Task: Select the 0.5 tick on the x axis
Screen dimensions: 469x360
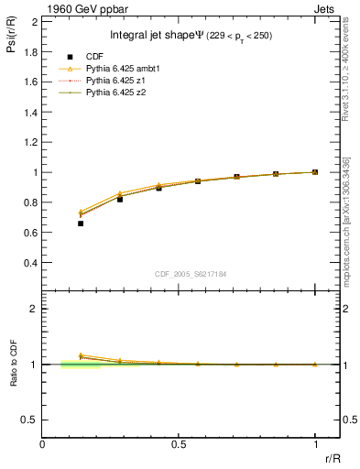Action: tap(179, 444)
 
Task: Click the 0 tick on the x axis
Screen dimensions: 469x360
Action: tap(42, 444)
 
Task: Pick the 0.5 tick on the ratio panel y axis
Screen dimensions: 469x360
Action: tap(30, 420)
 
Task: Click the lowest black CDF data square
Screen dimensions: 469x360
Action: tap(81, 224)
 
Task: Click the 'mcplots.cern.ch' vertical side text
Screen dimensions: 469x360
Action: tap(349, 234)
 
